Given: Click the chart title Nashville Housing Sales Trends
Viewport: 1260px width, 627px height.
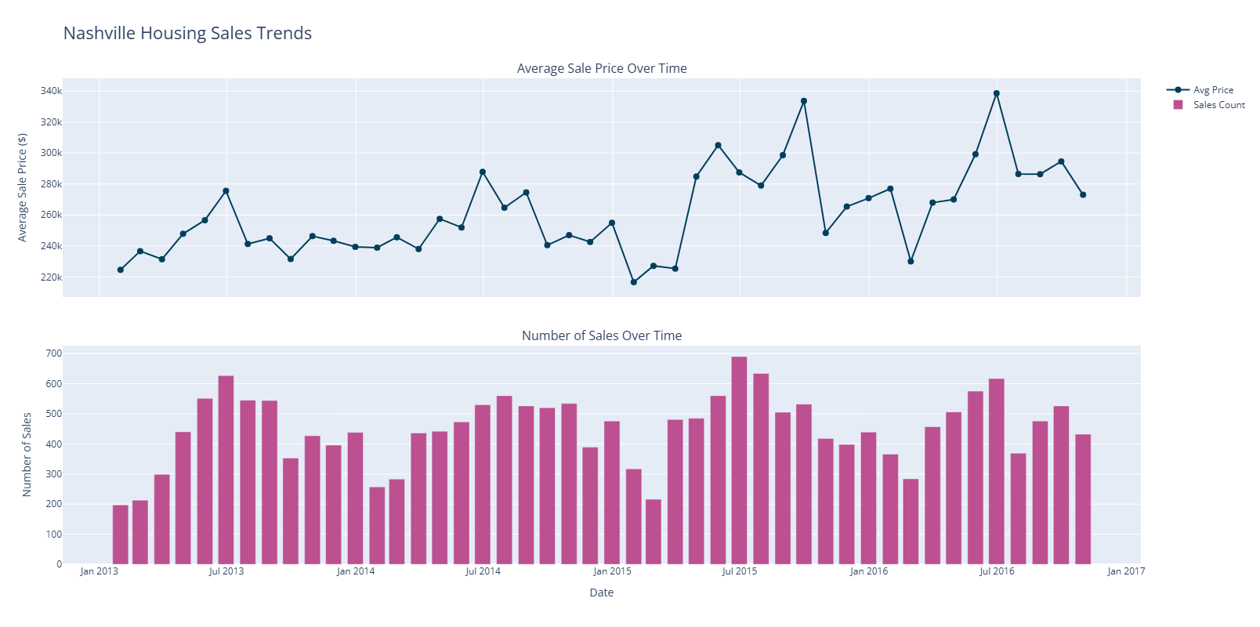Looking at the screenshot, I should point(187,33).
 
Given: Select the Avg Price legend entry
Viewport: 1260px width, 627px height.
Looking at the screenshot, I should point(1212,90).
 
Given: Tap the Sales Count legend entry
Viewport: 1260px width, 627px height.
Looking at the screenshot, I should point(1218,105).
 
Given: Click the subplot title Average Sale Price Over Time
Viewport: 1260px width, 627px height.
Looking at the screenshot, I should point(602,68).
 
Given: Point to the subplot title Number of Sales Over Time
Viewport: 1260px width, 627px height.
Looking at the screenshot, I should point(602,335).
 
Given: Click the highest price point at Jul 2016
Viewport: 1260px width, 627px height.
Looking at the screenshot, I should point(997,93).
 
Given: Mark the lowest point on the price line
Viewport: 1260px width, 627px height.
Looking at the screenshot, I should point(634,282).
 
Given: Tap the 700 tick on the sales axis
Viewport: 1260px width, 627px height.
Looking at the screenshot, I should point(53,353).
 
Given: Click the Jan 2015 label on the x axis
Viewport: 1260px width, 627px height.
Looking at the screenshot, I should point(612,571).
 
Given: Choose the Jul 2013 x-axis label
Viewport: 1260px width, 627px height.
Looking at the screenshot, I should point(226,571).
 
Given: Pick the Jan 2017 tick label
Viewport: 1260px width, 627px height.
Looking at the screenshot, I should point(1126,571).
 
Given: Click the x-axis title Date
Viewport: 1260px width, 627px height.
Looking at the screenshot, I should point(602,593).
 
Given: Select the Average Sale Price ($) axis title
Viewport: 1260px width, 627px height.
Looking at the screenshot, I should point(23,187).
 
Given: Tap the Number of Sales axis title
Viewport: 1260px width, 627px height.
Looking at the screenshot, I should point(27,455).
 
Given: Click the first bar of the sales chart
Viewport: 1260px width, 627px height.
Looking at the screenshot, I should point(120,535).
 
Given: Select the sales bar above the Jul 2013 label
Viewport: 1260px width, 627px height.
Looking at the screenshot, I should point(226,469).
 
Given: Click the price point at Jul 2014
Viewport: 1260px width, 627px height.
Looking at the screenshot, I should point(483,172).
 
